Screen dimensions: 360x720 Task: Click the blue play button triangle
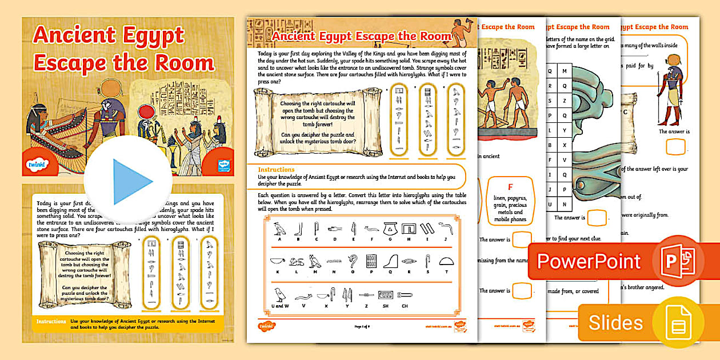coord(131,182)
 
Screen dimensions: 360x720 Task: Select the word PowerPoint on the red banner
coord(589,261)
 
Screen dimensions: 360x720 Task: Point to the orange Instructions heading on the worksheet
coord(277,170)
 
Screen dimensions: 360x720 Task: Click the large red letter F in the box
coord(510,186)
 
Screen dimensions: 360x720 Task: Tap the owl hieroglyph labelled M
coord(314,261)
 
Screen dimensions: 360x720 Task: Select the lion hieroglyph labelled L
coord(296,262)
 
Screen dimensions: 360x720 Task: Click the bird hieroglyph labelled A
coord(279,230)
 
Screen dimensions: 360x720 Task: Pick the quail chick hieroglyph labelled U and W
coord(280,295)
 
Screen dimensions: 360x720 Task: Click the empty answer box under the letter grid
coord(597,218)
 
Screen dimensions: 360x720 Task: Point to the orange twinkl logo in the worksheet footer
coord(266,326)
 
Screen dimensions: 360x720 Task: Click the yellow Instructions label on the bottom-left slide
coord(51,322)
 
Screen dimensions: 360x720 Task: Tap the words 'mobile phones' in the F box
coord(510,219)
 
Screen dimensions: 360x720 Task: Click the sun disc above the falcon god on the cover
coord(110,89)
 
